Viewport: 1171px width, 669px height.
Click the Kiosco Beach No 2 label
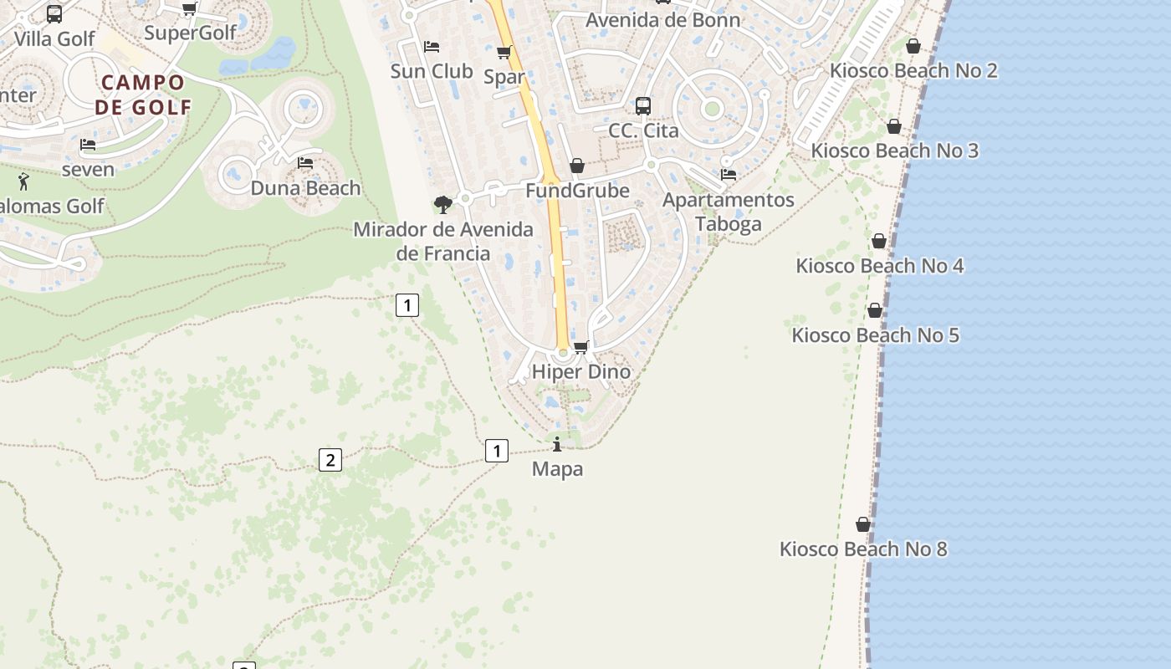tap(913, 70)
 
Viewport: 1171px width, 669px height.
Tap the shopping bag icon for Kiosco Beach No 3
tap(894, 127)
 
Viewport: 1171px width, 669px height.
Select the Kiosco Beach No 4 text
tap(879, 266)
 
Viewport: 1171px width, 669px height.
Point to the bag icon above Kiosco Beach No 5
tap(875, 311)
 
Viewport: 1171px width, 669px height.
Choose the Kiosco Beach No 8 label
tap(863, 549)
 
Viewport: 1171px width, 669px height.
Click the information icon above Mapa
tap(557, 444)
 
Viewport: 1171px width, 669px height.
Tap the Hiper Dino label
tap(581, 371)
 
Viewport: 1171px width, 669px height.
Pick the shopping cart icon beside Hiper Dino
tap(581, 347)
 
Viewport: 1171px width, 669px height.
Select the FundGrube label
tap(577, 191)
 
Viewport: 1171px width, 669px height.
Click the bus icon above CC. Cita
tap(642, 106)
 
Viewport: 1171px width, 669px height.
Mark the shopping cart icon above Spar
tap(504, 53)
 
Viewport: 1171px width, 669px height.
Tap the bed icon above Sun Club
tap(432, 46)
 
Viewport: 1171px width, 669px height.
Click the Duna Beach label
tap(306, 188)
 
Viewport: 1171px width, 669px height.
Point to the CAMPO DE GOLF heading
tap(143, 94)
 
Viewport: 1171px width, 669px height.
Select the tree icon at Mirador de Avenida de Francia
tap(443, 204)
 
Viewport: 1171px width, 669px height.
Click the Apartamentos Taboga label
tap(729, 212)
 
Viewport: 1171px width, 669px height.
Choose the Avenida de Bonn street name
tap(662, 20)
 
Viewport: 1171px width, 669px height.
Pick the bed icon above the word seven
tap(88, 145)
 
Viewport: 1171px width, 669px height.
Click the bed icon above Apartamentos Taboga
tap(729, 175)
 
